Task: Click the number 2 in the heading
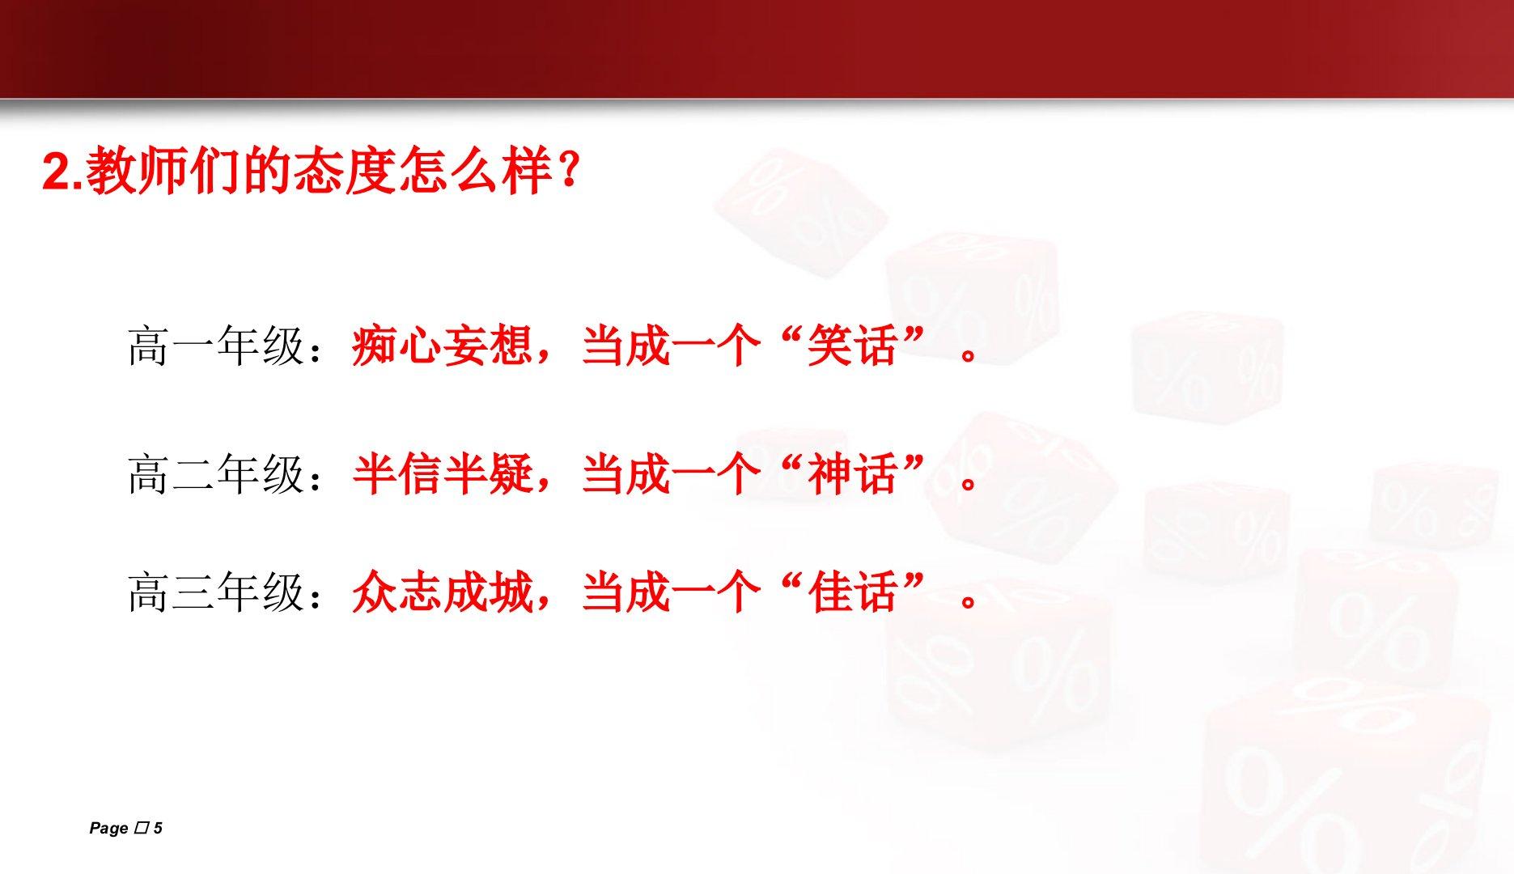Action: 55,172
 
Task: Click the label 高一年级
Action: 216,346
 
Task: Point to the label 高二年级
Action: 216,473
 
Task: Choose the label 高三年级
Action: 216,592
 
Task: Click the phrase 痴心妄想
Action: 442,346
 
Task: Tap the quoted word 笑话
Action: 852,346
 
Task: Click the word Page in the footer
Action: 108,828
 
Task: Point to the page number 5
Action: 158,828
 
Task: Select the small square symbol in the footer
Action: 142,827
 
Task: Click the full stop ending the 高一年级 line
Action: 969,356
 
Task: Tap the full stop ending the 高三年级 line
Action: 969,601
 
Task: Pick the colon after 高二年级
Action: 316,476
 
